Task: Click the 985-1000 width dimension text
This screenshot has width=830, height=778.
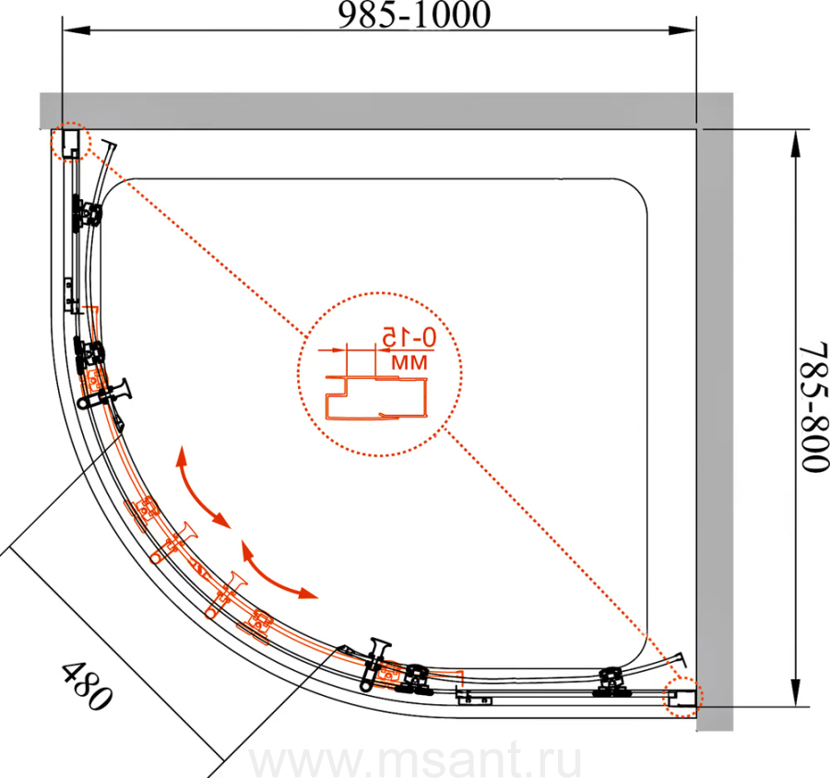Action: (414, 15)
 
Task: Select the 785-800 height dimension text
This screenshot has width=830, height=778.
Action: (814, 407)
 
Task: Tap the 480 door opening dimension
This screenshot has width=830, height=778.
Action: (88, 686)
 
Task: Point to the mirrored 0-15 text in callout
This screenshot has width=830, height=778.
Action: (409, 337)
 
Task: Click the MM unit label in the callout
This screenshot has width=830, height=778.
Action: (409, 362)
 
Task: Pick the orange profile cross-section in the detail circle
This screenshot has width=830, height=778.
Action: (376, 398)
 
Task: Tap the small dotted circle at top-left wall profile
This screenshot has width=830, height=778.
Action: (71, 141)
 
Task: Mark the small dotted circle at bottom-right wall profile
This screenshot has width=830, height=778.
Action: (682, 697)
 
